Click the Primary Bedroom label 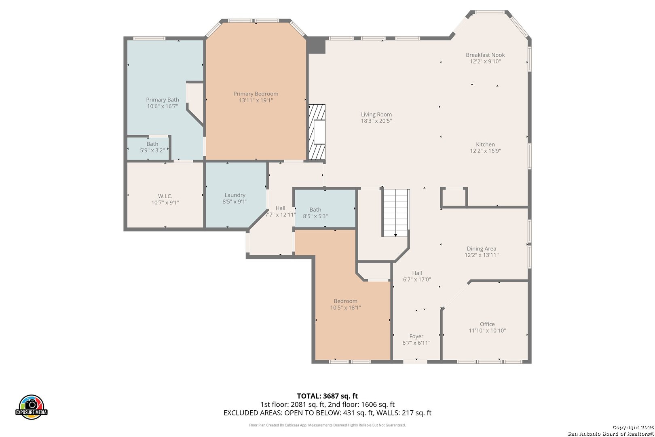click(256, 93)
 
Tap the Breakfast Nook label click(485, 55)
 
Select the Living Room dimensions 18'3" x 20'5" click(376, 121)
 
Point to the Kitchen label click(486, 144)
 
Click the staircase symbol click(396, 213)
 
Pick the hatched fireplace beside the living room click(317, 132)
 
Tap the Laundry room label click(235, 195)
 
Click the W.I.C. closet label click(165, 196)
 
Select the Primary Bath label click(163, 100)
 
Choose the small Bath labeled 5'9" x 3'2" click(152, 147)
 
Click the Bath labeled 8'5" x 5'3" click(315, 213)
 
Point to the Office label click(487, 324)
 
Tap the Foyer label click(416, 336)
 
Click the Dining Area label click(481, 248)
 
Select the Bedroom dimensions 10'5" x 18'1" click(346, 308)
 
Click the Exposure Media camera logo click(31, 407)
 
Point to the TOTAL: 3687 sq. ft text click(327, 396)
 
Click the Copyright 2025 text click(633, 427)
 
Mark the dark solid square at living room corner click(316, 45)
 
